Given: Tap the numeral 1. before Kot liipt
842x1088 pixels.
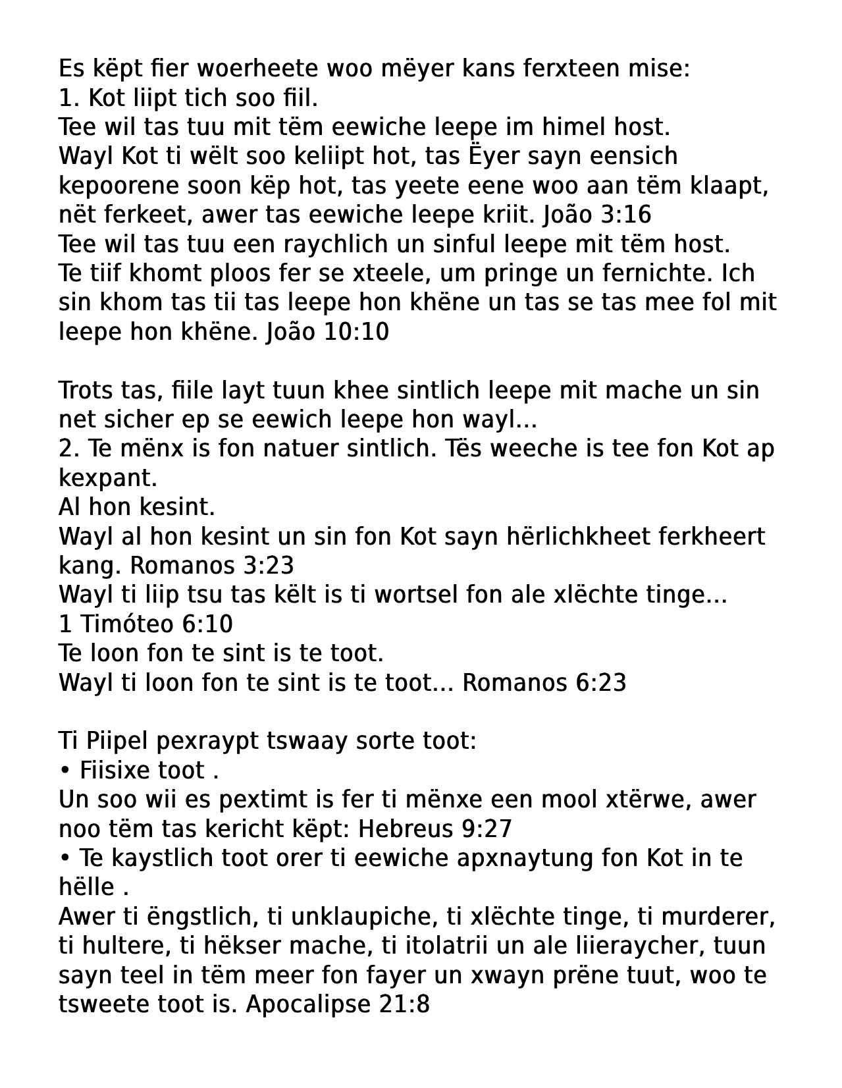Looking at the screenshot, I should [x=68, y=98].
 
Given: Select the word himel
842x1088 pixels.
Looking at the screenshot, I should [x=569, y=127].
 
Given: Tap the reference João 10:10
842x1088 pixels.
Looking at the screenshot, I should [x=328, y=332].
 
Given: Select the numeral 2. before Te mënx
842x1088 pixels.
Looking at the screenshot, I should [x=68, y=449].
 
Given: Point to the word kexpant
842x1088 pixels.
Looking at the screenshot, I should [x=108, y=478].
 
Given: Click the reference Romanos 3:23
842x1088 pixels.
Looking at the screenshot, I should [x=212, y=566].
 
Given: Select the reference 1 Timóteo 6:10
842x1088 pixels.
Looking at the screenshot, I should [x=145, y=624].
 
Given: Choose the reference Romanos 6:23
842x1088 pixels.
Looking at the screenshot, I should [x=544, y=683].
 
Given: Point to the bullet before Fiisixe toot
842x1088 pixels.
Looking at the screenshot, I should [x=65, y=771].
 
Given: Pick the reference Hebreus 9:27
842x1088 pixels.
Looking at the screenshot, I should [x=435, y=829].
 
